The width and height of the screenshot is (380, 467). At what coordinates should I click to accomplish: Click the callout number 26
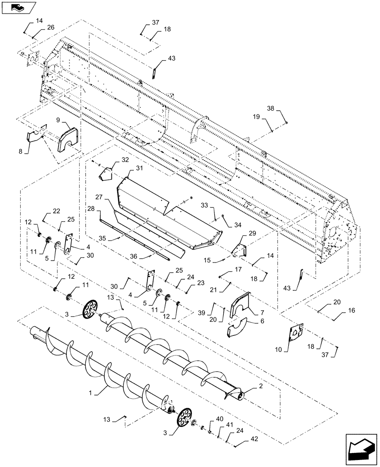(50, 27)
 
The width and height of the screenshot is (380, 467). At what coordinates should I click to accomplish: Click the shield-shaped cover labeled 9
(68, 138)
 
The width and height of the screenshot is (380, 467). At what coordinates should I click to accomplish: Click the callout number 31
(140, 168)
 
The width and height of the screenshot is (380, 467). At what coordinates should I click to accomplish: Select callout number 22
(57, 212)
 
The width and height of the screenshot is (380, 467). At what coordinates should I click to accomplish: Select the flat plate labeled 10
(295, 335)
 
